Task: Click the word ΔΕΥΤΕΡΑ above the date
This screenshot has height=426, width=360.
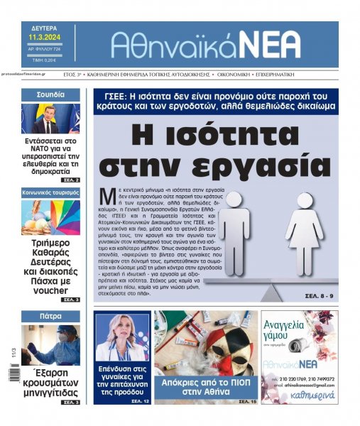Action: tap(43, 27)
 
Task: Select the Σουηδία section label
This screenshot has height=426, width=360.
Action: tap(50, 94)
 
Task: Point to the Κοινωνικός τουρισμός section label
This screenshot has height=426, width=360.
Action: tap(50, 192)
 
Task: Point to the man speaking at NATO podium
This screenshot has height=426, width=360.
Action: tap(44, 121)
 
